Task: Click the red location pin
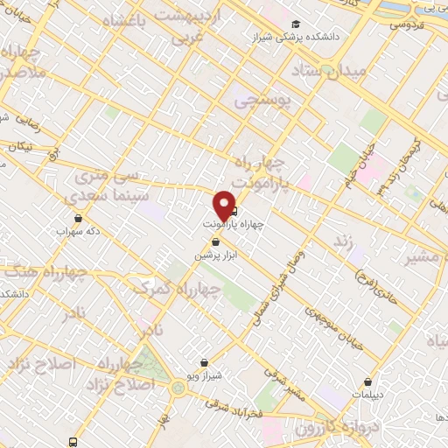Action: click(224, 205)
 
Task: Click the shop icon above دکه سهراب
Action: click(80, 219)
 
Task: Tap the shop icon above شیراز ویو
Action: click(204, 362)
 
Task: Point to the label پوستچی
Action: click(266, 102)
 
